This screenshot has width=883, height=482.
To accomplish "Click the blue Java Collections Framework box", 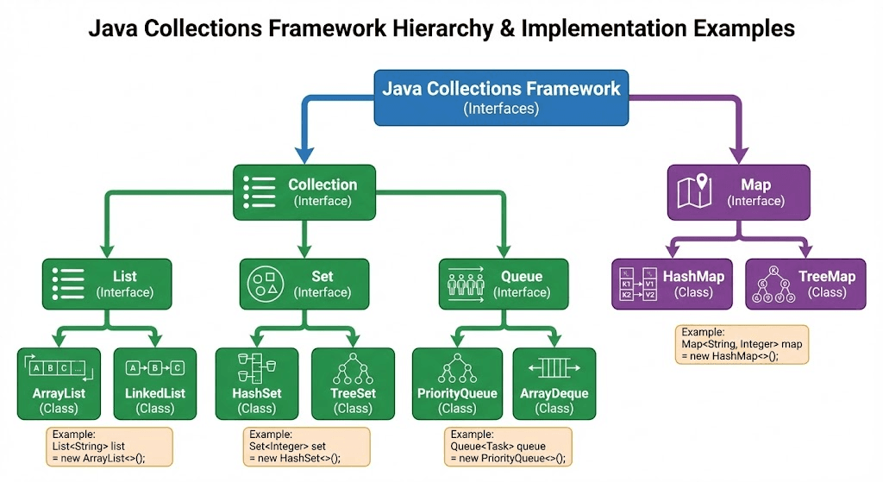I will coord(501,97).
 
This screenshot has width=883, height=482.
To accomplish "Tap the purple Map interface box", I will coord(739,191).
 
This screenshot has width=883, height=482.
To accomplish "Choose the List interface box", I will coord(107,284).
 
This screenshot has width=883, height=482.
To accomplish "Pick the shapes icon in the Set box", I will coord(262,283).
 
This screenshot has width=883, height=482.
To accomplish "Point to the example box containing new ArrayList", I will coord(110,447).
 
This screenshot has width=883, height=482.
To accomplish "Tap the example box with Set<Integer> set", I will coord(306,447).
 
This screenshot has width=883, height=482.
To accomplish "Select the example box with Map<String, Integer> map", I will coord(742,344).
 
